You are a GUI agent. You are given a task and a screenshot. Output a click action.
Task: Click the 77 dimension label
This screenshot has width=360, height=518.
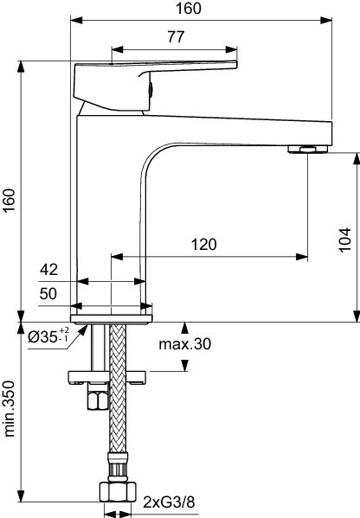(176, 36)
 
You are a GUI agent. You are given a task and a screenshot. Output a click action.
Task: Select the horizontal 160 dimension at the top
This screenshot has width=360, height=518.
(188, 9)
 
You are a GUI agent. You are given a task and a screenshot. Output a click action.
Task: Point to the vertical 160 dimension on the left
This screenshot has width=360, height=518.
(9, 201)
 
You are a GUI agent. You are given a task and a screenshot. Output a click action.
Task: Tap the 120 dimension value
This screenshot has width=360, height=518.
(204, 245)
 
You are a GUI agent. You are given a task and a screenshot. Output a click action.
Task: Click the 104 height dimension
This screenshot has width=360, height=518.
(344, 240)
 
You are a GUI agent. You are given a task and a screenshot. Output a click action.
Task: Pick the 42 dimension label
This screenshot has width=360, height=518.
(48, 270)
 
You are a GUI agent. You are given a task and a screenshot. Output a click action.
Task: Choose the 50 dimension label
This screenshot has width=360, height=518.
(48, 294)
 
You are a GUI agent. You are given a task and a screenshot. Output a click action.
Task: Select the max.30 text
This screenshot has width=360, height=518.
(185, 344)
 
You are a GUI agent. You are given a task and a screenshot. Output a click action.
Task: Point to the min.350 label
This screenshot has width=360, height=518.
(9, 409)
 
